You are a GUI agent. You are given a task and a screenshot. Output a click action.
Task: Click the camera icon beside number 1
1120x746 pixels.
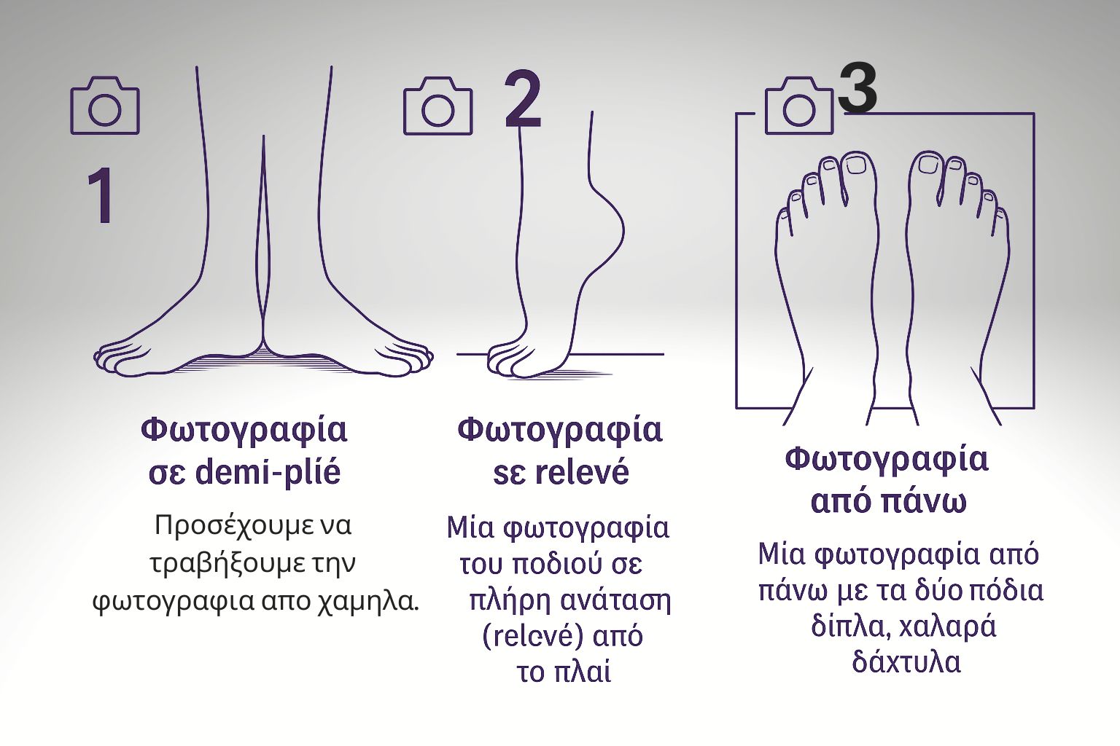pyautogui.click(x=104, y=106)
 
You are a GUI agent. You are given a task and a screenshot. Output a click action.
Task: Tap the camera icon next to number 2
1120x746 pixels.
pyautogui.click(x=437, y=106)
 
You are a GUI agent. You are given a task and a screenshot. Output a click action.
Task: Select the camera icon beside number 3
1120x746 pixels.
pyautogui.click(x=798, y=106)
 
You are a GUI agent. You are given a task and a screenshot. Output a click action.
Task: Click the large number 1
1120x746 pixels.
pyautogui.click(x=101, y=196)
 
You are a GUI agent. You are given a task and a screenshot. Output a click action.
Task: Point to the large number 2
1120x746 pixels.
pyautogui.click(x=523, y=100)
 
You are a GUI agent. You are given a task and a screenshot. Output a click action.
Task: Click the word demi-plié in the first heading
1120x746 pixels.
pyautogui.click(x=268, y=473)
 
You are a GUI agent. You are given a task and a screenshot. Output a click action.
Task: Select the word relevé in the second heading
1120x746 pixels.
pyautogui.click(x=581, y=473)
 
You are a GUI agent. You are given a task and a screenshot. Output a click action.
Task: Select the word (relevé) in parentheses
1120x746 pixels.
pyautogui.click(x=532, y=636)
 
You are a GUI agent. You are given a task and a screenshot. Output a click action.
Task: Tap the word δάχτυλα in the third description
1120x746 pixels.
pyautogui.click(x=906, y=661)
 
